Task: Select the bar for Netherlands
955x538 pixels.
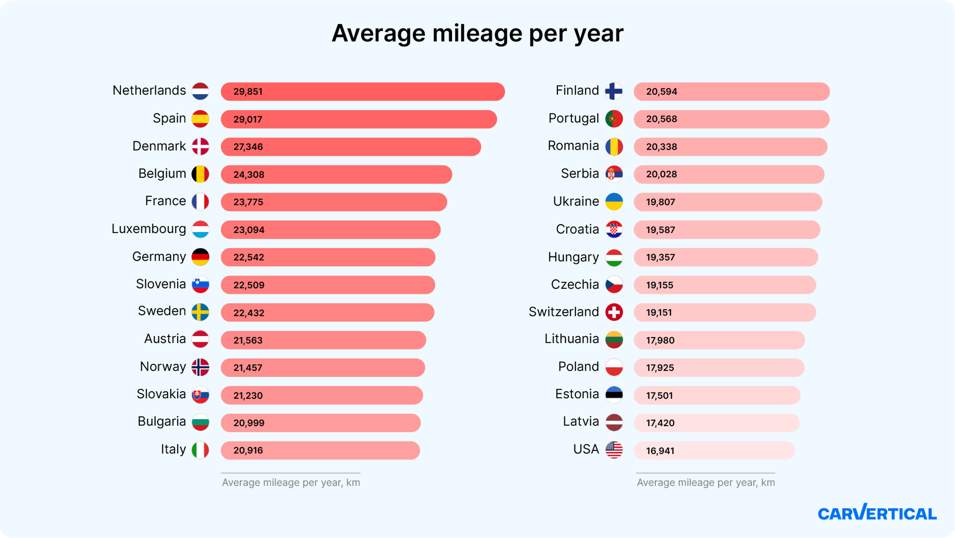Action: click(363, 92)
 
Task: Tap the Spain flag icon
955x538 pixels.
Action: click(200, 119)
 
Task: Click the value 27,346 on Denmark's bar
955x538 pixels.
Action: click(248, 147)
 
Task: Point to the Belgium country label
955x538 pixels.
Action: click(162, 174)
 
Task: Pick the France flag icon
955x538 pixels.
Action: click(200, 201)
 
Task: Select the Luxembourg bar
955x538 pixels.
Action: click(330, 230)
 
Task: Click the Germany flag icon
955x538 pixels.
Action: click(200, 257)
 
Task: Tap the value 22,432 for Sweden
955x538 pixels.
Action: click(249, 313)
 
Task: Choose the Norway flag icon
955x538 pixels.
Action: click(200, 367)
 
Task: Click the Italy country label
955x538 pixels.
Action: click(173, 449)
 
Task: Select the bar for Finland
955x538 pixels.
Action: click(731, 92)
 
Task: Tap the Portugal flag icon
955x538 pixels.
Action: click(614, 119)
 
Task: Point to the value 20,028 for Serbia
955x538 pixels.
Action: click(661, 174)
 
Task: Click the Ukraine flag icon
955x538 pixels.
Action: click(614, 201)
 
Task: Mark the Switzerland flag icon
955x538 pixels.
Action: click(614, 312)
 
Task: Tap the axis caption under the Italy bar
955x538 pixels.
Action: click(291, 482)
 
